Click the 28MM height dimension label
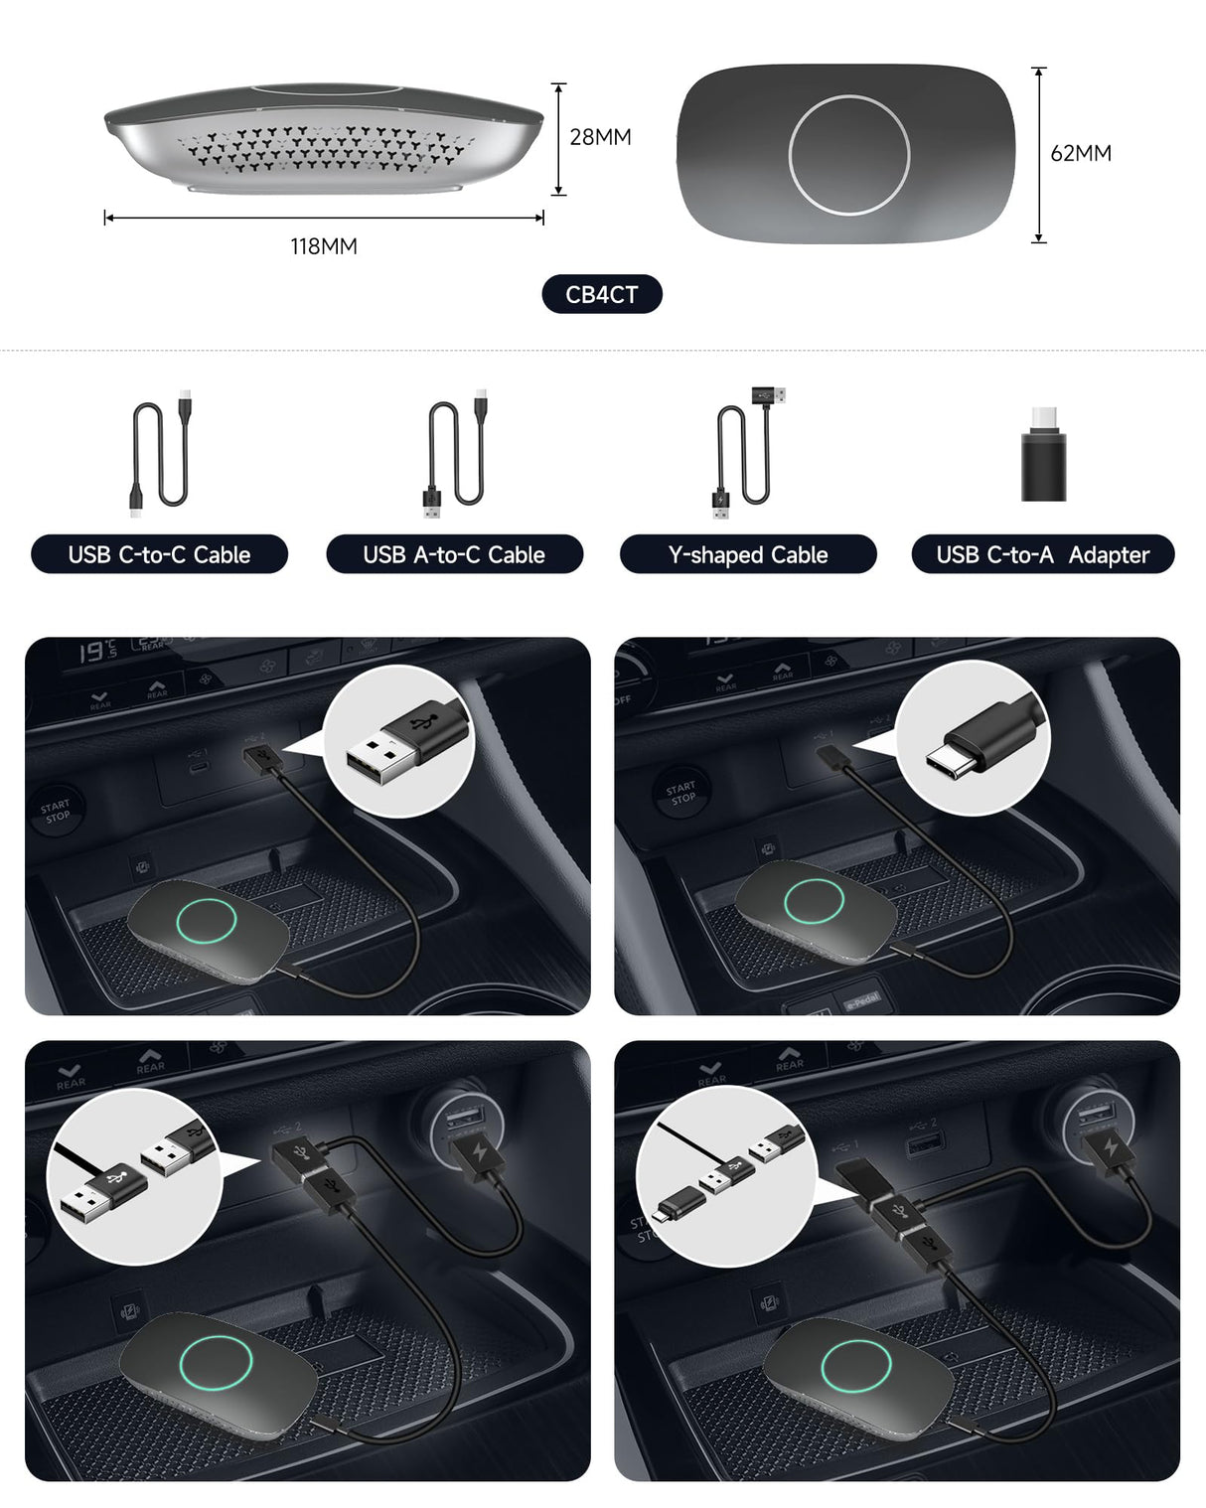(600, 137)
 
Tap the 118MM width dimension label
(324, 246)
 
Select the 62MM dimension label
(1081, 154)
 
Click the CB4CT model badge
(602, 295)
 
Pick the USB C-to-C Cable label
(159, 555)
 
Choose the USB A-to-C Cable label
(454, 555)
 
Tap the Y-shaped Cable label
(748, 555)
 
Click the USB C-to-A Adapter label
(1042, 555)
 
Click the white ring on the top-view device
(848, 154)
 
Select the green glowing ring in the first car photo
(206, 921)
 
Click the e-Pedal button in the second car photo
(861, 1001)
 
